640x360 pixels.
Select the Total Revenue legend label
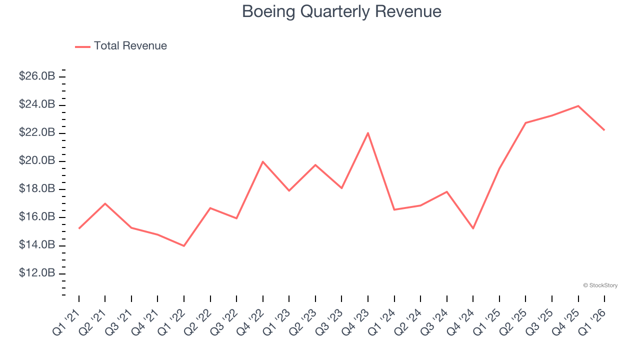click(x=130, y=46)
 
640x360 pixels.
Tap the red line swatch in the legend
click(x=82, y=46)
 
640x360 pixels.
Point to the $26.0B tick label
click(x=37, y=76)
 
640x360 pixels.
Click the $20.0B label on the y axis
click(x=37, y=161)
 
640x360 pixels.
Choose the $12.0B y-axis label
click(x=37, y=273)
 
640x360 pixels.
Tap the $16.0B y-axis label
click(x=37, y=217)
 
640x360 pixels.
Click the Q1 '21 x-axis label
click(x=66, y=321)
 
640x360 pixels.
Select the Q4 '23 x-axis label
click(x=355, y=321)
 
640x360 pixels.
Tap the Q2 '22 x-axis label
click(x=198, y=321)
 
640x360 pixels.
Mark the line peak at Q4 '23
click(x=368, y=133)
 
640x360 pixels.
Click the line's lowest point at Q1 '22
click(x=184, y=245)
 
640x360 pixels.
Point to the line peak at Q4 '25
click(x=578, y=106)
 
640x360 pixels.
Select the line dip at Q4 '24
click(x=473, y=228)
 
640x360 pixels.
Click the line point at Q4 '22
click(x=263, y=161)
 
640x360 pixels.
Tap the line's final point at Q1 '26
click(x=604, y=130)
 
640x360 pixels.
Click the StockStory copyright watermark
click(x=600, y=285)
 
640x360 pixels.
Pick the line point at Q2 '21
click(x=105, y=203)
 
